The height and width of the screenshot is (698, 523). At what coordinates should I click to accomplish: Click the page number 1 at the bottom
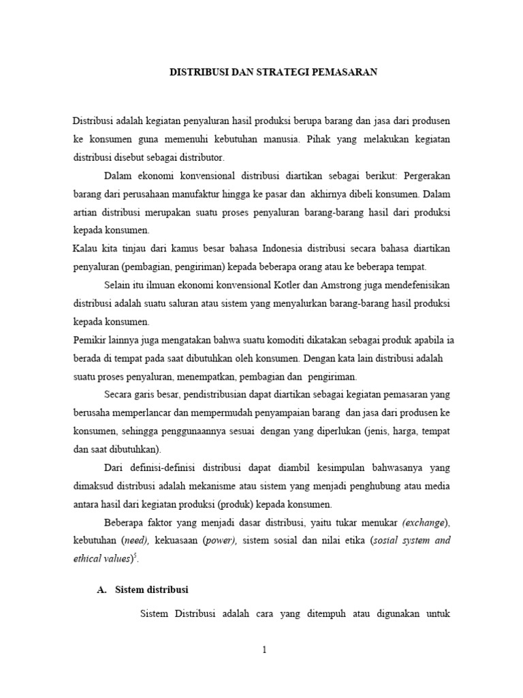tap(264, 650)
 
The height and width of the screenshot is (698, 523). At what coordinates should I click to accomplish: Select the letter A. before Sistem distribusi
tap(103, 590)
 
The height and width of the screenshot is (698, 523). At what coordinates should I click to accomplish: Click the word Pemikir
tap(89, 339)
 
